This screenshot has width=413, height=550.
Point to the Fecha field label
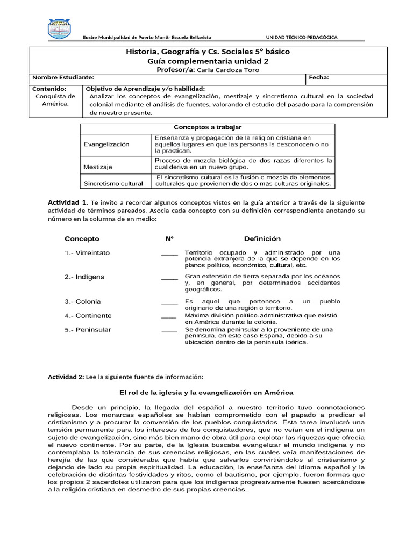pyautogui.click(x=318, y=78)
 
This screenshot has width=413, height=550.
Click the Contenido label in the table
pyautogui.click(x=49, y=88)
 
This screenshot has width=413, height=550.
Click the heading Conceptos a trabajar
pyautogui.click(x=207, y=127)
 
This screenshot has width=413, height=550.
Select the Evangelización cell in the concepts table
pyautogui.click(x=106, y=144)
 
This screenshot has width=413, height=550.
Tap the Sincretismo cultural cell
pyautogui.click(x=113, y=184)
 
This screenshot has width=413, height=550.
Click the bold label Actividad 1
pyautogui.click(x=68, y=202)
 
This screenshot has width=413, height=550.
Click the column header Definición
pyautogui.click(x=262, y=238)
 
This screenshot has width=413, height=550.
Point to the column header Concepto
pyautogui.click(x=82, y=238)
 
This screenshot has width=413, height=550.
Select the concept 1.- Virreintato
pyautogui.click(x=87, y=252)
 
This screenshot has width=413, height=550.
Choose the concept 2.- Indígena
pyautogui.click(x=84, y=277)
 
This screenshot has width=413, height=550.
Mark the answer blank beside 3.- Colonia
pyautogui.click(x=169, y=302)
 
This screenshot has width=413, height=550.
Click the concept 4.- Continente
pyautogui.click(x=88, y=315)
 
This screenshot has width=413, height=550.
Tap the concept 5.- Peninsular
pyautogui.click(x=88, y=329)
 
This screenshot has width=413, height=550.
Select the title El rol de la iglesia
pyautogui.click(x=206, y=393)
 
